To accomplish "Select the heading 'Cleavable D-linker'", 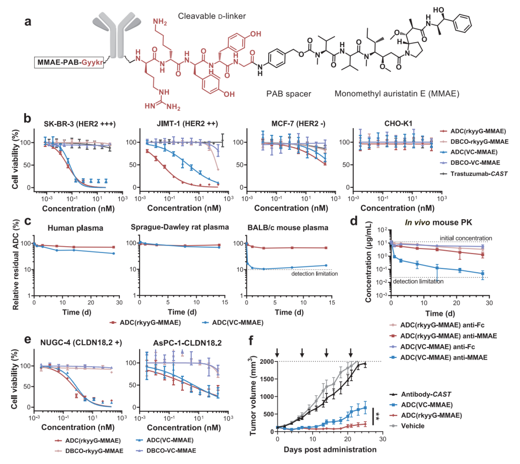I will tap(212, 16).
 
